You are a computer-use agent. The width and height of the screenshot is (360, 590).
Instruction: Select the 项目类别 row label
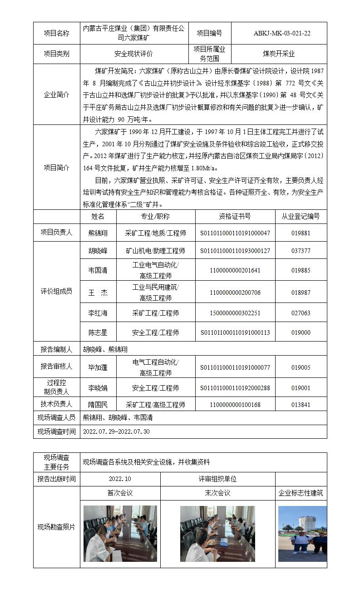(x=56, y=54)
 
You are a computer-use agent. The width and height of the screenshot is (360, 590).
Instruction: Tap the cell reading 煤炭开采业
(x=279, y=54)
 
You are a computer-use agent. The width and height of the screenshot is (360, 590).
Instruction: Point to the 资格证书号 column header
(x=235, y=216)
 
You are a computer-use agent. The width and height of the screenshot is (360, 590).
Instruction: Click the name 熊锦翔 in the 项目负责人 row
(x=98, y=233)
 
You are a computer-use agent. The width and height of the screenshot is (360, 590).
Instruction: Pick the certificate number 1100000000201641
(x=235, y=270)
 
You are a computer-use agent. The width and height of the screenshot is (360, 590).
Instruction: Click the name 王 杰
(x=98, y=293)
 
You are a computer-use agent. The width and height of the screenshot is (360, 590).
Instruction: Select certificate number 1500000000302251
(x=235, y=313)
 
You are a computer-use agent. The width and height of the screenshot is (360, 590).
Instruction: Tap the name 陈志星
(x=98, y=332)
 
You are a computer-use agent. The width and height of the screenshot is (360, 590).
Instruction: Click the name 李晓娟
(x=98, y=388)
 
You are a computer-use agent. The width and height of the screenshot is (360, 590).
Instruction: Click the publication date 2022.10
(x=120, y=479)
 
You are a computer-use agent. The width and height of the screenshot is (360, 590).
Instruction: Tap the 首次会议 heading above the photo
(x=120, y=493)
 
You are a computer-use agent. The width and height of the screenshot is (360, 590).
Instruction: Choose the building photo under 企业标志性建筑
(x=302, y=530)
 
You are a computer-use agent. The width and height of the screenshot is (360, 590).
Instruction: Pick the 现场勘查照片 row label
(x=56, y=527)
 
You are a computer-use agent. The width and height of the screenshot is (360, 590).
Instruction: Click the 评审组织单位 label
(x=217, y=479)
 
